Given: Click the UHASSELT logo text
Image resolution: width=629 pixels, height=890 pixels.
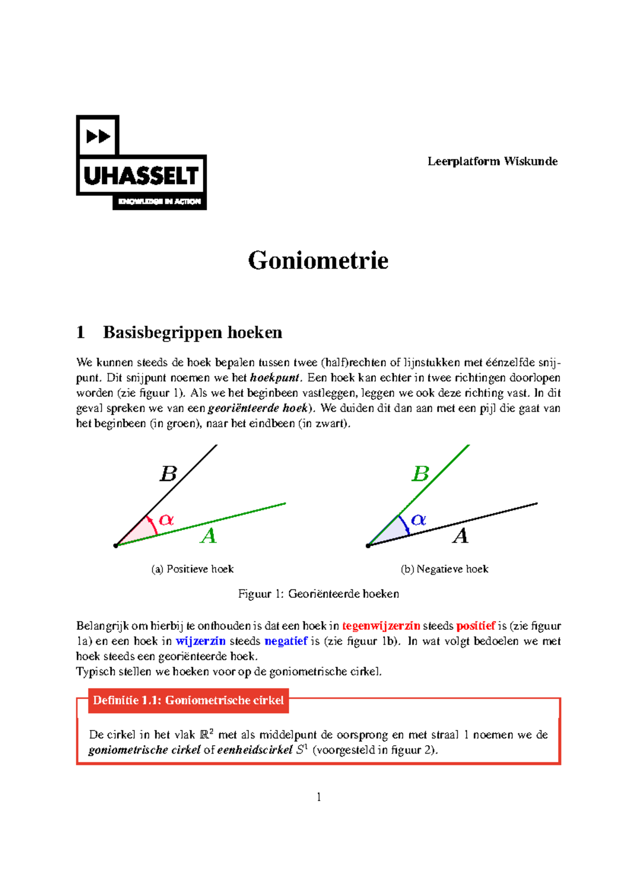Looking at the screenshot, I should pyautogui.click(x=141, y=176).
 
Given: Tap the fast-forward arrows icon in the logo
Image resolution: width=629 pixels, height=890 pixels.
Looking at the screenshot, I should pyautogui.click(x=98, y=136).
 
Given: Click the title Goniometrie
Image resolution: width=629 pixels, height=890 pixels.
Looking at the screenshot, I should pyautogui.click(x=318, y=260).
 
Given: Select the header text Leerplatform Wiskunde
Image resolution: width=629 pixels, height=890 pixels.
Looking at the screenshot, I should pyautogui.click(x=492, y=161).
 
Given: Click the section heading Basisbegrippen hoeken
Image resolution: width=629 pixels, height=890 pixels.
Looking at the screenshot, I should pyautogui.click(x=192, y=332).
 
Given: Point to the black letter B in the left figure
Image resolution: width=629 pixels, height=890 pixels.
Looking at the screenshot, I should pyautogui.click(x=168, y=474).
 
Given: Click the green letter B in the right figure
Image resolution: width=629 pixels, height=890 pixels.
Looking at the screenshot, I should pyautogui.click(x=420, y=474).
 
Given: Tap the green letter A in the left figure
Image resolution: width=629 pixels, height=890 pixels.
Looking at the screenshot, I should pyautogui.click(x=209, y=536).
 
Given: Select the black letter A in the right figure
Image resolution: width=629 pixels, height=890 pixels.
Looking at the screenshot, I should pyautogui.click(x=460, y=536).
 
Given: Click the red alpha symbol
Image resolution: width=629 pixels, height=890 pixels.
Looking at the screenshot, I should pyautogui.click(x=166, y=520).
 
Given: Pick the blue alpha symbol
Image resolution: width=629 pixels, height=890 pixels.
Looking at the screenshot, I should pyautogui.click(x=418, y=520).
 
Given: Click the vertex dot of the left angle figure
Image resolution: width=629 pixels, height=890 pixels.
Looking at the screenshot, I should pyautogui.click(x=116, y=546).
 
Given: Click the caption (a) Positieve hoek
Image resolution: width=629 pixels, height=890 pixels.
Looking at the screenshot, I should pyautogui.click(x=192, y=569).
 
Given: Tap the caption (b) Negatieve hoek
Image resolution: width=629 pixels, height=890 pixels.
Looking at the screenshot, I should pyautogui.click(x=444, y=569).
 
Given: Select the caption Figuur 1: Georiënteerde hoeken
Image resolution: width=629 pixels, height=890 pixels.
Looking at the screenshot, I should pyautogui.click(x=318, y=594).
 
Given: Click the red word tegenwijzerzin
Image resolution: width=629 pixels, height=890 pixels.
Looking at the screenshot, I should pyautogui.click(x=381, y=626).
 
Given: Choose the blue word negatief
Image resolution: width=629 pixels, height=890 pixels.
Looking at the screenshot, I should pyautogui.click(x=286, y=641).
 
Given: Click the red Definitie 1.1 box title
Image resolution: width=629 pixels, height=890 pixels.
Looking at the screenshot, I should pyautogui.click(x=188, y=701).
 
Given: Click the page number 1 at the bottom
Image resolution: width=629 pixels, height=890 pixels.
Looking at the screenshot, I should pyautogui.click(x=319, y=797).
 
